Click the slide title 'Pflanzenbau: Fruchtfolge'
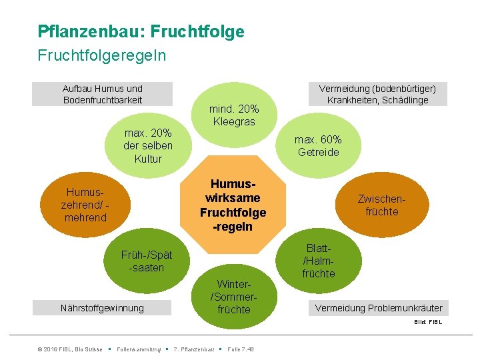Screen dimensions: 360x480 [141, 31]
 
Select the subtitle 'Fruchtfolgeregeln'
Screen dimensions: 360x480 [102, 55]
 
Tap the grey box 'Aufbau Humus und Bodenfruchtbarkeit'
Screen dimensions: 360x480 [103, 94]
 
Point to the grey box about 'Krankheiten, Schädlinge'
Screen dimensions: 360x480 [377, 94]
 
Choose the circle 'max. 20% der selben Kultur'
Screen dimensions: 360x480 [148, 145]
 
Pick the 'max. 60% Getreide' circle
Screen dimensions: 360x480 [319, 146]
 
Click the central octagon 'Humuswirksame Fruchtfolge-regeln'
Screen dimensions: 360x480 [233, 205]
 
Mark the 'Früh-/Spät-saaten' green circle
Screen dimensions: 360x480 [147, 261]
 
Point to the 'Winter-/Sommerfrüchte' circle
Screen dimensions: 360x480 [233, 297]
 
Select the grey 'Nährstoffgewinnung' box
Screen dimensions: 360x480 [103, 308]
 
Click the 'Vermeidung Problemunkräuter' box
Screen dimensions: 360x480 [377, 308]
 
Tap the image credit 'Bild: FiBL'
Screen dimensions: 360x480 [428, 322]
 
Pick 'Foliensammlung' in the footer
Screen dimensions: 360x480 [138, 349]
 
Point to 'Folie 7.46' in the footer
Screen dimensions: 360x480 [241, 349]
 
